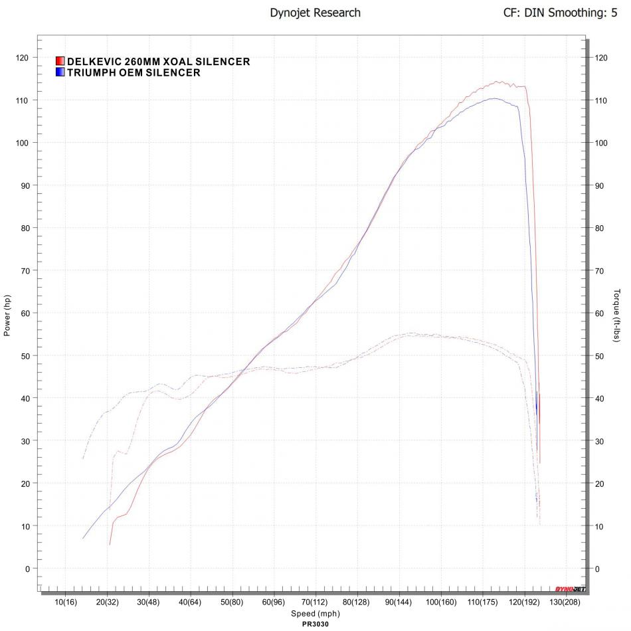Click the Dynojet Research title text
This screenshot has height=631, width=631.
[x=315, y=13]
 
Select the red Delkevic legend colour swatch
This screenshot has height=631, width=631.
[x=60, y=62]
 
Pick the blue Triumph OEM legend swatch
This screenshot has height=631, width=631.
[x=60, y=72]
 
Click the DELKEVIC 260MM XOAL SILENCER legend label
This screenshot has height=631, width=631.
[x=159, y=62]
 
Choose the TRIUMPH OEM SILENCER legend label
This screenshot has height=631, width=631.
[x=134, y=72]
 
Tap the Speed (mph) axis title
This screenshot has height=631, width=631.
[x=315, y=614]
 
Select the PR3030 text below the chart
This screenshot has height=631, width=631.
[x=315, y=624]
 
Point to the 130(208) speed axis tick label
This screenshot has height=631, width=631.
[x=565, y=602]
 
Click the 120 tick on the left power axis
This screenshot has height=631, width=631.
[x=23, y=58]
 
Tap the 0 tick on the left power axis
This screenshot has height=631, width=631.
[x=28, y=569]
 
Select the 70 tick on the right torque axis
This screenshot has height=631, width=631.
[x=601, y=270]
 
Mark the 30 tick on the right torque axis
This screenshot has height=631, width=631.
[x=601, y=441]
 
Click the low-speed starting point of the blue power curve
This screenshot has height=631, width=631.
[x=84, y=538]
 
